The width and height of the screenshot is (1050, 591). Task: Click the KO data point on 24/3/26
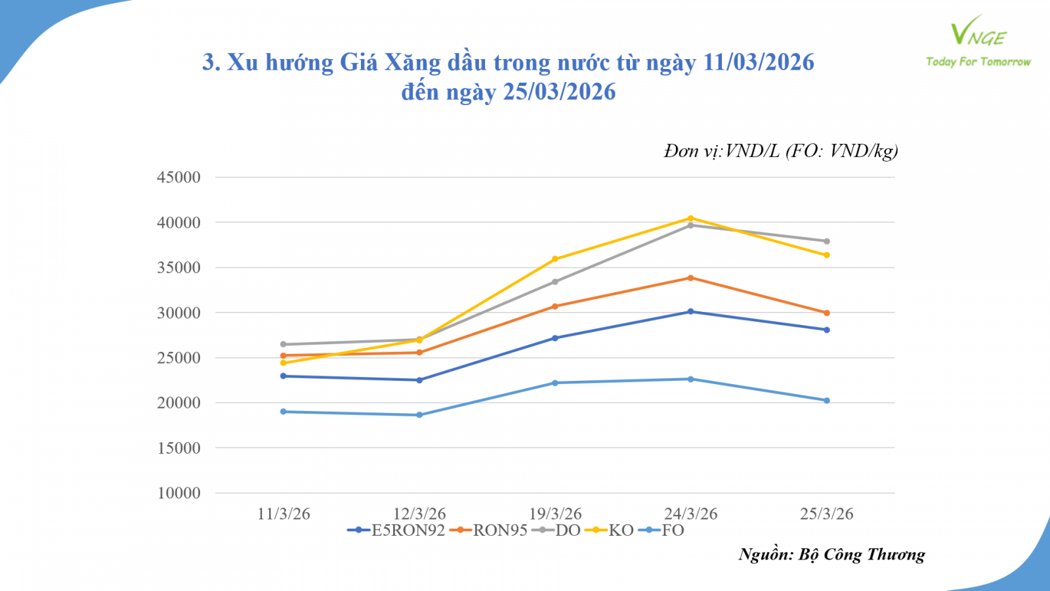coord(690,218)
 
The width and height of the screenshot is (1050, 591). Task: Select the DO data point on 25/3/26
coord(827,241)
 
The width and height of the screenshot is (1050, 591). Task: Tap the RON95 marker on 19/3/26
coord(555,306)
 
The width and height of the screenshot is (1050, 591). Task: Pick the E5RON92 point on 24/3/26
coord(690,311)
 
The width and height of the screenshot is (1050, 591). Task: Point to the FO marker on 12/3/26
coord(419,415)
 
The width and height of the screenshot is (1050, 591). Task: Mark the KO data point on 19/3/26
coord(555,259)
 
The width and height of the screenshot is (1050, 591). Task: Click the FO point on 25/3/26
coord(827,401)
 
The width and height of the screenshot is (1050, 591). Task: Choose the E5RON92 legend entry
coord(396,531)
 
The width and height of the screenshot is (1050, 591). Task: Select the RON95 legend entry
coord(489,531)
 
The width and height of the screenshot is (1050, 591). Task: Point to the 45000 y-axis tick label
coord(178,177)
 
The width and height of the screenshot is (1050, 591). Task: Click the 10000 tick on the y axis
coord(178,493)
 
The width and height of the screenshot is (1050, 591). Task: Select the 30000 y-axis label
coord(178,313)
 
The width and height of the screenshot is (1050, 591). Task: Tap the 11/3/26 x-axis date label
coord(283,514)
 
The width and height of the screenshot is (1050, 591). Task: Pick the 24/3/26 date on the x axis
coord(690,514)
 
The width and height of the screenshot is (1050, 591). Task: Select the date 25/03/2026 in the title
coord(559,92)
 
